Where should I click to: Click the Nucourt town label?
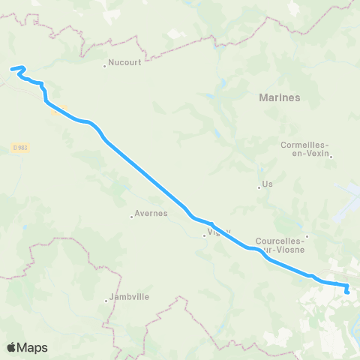point(125,64)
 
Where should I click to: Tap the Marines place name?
point(279,97)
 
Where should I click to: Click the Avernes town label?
point(150,214)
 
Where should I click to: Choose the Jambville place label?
point(130,296)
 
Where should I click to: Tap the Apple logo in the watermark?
point(12,347)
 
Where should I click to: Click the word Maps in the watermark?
point(34,347)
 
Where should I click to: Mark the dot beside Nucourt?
point(105,65)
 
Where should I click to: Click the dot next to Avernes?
point(131,216)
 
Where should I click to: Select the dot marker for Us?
point(259,187)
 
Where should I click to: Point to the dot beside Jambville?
point(106,301)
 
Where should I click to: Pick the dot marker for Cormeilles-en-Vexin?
point(331,157)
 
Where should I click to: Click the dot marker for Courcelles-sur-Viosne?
point(306,237)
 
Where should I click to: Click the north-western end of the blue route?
point(11,70)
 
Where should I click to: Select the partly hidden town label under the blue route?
point(214,232)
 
